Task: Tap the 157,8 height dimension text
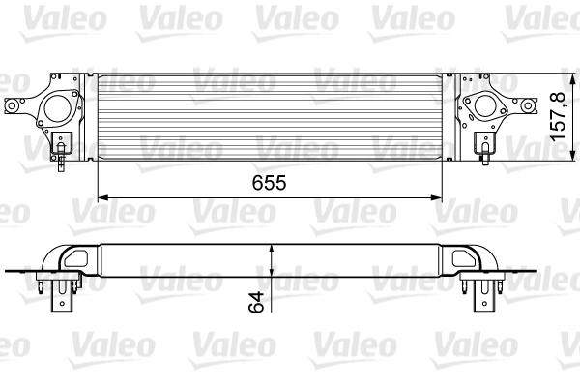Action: pos(559,117)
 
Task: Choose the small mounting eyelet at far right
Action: pos(529,104)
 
